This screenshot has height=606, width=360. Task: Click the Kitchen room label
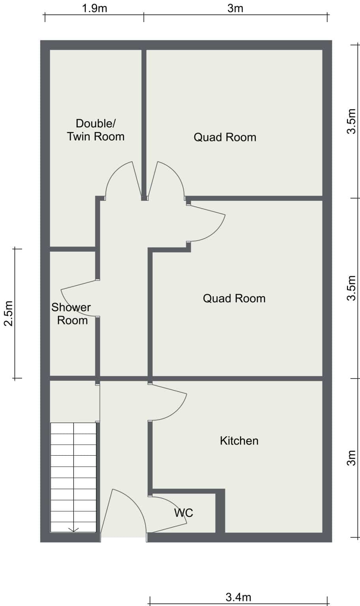(x=239, y=441)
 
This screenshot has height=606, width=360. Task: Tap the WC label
(x=184, y=512)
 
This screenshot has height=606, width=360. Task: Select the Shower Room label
(x=71, y=314)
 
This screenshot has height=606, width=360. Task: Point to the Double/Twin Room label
(x=96, y=130)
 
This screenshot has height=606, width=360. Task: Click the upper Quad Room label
(x=225, y=137)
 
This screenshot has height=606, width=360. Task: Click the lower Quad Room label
(x=234, y=298)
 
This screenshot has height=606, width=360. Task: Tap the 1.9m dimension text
(x=94, y=8)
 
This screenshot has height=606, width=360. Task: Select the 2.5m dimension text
(x=8, y=313)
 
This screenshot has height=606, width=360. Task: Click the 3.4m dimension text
(x=238, y=597)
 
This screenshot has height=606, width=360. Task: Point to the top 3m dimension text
(x=235, y=8)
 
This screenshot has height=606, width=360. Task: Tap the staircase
(x=73, y=477)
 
